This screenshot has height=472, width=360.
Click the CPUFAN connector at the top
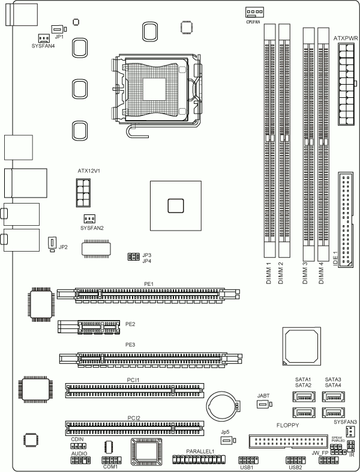click(x=254, y=13)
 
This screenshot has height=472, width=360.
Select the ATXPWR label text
click(x=346, y=38)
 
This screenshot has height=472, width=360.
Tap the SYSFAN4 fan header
click(x=44, y=38)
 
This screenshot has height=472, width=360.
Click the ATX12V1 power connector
click(x=83, y=193)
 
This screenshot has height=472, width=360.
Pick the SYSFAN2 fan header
click(x=89, y=219)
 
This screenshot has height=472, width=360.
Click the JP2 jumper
click(x=52, y=244)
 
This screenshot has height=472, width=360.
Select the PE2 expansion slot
click(x=89, y=327)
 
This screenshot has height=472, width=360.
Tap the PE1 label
click(x=149, y=284)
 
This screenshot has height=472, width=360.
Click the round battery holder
click(x=223, y=407)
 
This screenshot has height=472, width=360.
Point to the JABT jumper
click(x=265, y=404)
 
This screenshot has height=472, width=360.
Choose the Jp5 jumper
click(x=228, y=440)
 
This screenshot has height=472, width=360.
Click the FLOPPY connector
click(x=289, y=441)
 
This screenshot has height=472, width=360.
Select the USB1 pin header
click(x=248, y=460)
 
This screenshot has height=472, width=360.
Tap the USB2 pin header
click(x=296, y=460)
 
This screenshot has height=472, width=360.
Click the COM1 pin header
click(x=111, y=460)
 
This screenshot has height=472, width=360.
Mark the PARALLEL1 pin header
click(x=199, y=459)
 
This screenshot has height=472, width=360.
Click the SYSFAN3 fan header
click(x=349, y=432)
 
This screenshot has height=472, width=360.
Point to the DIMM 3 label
click(x=305, y=273)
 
